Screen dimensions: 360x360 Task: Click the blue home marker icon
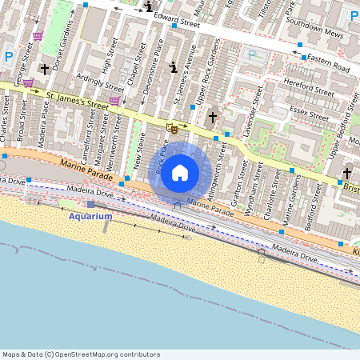(x=180, y=172)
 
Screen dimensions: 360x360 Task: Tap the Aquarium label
(x=90, y=217)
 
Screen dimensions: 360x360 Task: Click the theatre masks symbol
(x=171, y=127)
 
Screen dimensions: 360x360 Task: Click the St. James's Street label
(x=77, y=100)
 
